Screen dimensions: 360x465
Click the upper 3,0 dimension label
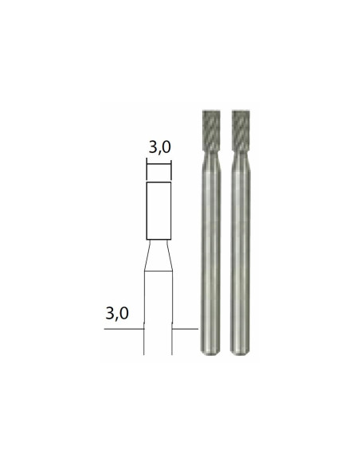[160, 147]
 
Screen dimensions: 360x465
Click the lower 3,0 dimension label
[117, 313]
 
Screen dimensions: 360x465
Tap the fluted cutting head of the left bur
[211, 131]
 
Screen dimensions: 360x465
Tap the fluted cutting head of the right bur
[241, 131]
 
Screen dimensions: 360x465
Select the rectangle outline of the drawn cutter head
[147, 211]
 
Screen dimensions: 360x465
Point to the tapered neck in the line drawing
[158, 255]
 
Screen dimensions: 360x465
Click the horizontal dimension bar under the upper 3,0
[159, 163]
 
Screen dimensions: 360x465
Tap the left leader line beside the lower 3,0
[124, 329]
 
